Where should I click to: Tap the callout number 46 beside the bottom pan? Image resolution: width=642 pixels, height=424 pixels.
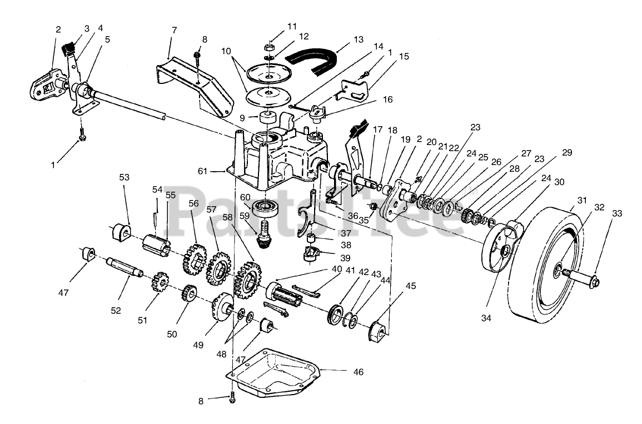coord(358,372)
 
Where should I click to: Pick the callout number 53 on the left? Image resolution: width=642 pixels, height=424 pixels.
coord(124,177)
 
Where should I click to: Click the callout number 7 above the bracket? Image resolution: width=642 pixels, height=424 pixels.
coord(174,29)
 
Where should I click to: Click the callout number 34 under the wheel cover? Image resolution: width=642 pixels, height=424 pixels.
coord(486,318)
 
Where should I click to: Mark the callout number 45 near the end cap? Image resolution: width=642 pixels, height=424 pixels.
coord(410,286)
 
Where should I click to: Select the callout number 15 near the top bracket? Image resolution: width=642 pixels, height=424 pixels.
coord(404,56)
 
